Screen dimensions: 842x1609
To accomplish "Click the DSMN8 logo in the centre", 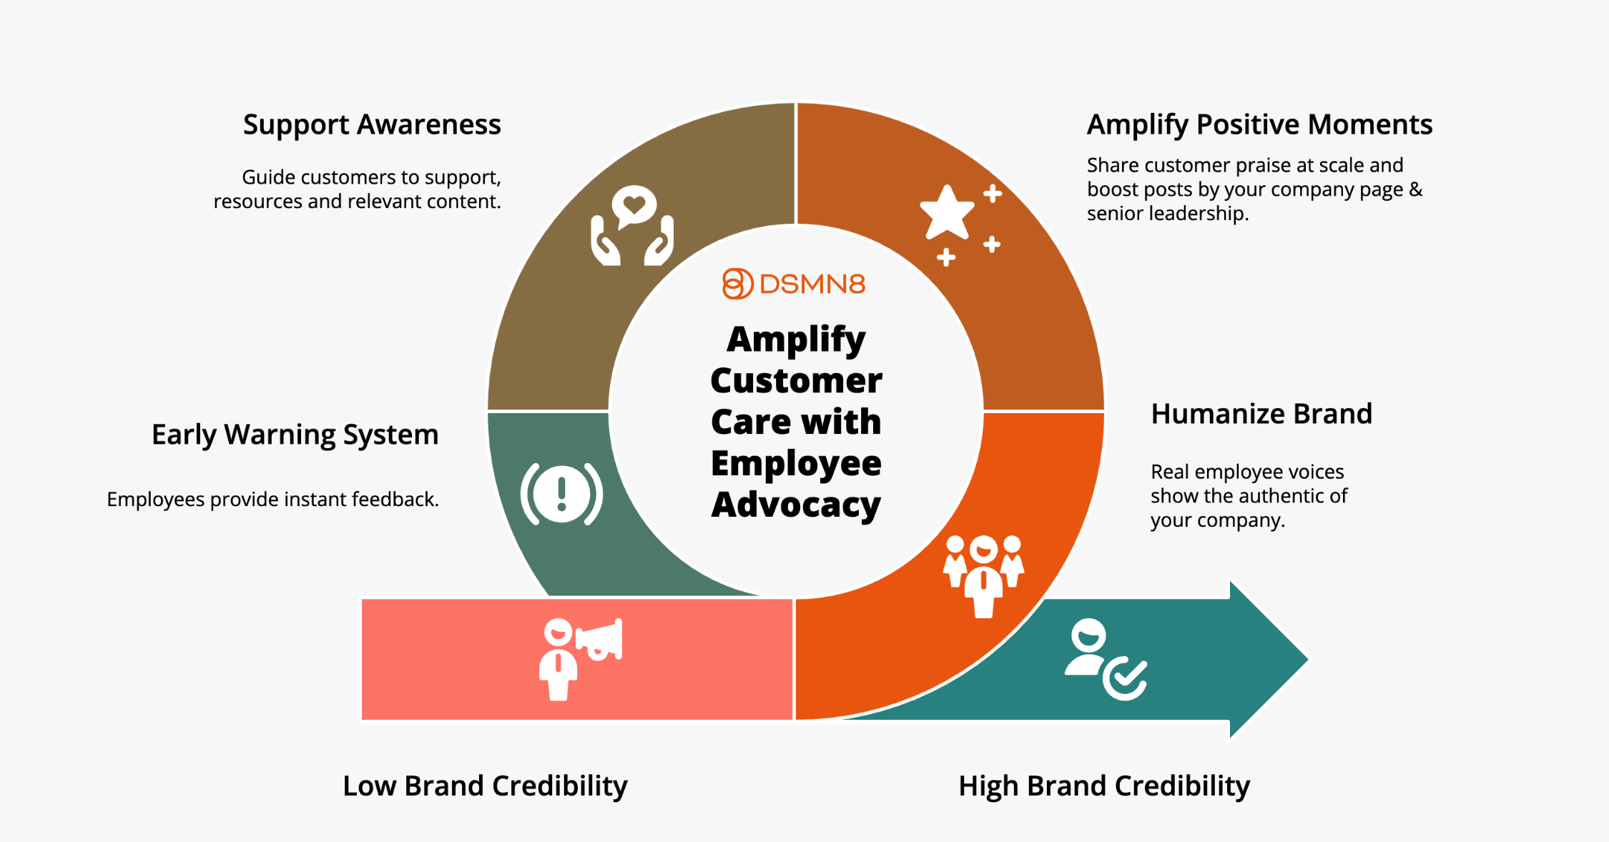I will tap(794, 284).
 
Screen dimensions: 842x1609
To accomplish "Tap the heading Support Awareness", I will tap(372, 125).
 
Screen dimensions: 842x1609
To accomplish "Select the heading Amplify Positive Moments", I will tap(1259, 125).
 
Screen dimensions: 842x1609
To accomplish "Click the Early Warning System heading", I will tap(295, 435).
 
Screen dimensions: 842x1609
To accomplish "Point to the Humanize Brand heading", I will tap(1261, 414).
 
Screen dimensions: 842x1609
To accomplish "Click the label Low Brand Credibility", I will tap(485, 786).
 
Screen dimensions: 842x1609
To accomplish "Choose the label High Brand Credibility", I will tap(1104, 786).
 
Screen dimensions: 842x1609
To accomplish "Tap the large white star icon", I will tap(947, 212).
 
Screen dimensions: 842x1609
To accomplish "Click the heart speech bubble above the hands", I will tap(634, 206).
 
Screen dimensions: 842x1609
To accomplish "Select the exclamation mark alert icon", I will tap(562, 493).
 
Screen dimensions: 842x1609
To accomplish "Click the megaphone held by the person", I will tap(601, 639).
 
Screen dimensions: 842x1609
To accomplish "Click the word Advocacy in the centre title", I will tap(796, 505).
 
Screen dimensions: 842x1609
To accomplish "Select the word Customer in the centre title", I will tap(796, 380).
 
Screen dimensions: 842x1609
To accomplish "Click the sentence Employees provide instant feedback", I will tap(272, 499).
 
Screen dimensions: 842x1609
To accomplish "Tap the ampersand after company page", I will tap(1415, 189).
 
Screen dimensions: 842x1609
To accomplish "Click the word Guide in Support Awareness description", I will tap(269, 177).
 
